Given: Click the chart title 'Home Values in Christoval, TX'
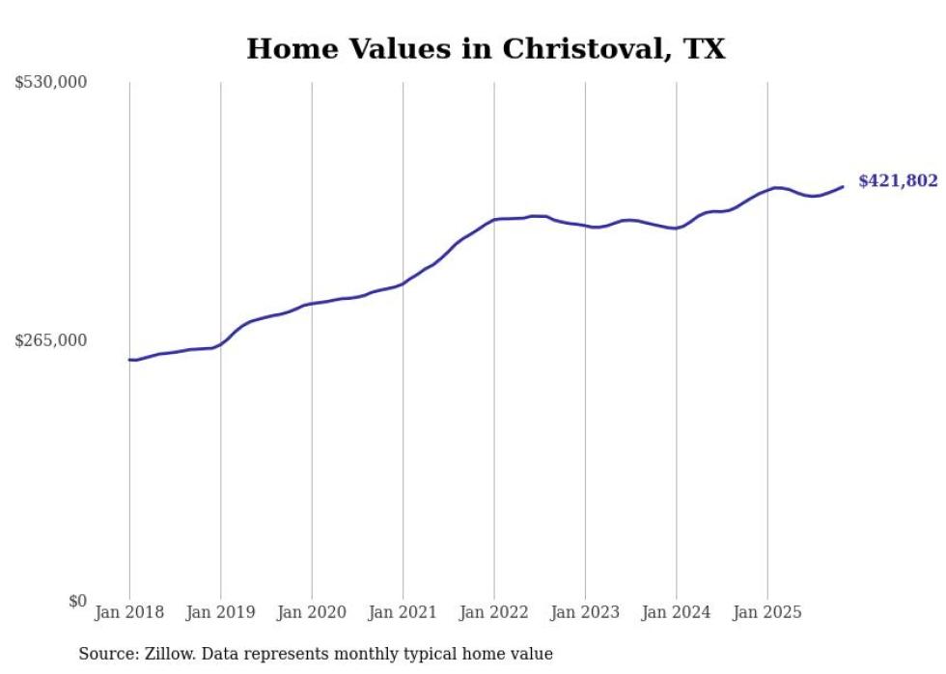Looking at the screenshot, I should pyautogui.click(x=486, y=48).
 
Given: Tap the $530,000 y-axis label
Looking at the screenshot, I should pyautogui.click(x=51, y=83).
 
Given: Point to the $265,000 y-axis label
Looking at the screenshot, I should pyautogui.click(x=51, y=340).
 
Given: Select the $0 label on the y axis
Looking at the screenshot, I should pyautogui.click(x=77, y=601).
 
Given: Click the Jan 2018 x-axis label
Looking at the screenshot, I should pyautogui.click(x=129, y=612).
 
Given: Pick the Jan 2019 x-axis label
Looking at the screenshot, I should pyautogui.click(x=221, y=612).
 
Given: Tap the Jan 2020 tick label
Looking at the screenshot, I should pyautogui.click(x=312, y=612).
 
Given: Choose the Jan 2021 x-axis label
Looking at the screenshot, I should pyautogui.click(x=403, y=612).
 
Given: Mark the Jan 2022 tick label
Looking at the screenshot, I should pyautogui.click(x=494, y=612).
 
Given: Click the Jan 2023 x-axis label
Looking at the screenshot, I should pyautogui.click(x=585, y=612).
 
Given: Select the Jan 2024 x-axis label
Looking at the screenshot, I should pyautogui.click(x=676, y=612).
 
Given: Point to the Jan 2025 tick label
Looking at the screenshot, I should pyautogui.click(x=767, y=612).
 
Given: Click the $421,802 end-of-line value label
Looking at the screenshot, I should pyautogui.click(x=898, y=180).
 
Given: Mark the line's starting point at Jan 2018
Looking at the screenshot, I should pyautogui.click(x=129, y=360).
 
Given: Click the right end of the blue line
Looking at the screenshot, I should pyautogui.click(x=843, y=186).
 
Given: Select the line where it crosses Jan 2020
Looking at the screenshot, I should pyautogui.click(x=312, y=304).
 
